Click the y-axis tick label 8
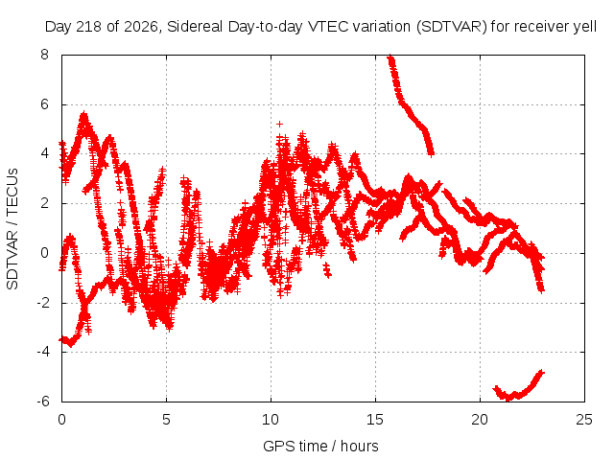coord(44,55)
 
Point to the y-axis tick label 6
coord(44,104)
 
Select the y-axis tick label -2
coord(42,303)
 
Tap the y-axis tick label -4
coord(42,352)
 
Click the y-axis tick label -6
coord(42,402)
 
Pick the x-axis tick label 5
coord(166,420)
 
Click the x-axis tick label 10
coord(271,420)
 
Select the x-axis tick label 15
coord(375,420)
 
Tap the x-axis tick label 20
coord(480,420)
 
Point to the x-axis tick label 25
coord(584,420)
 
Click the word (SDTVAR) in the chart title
coord(452,27)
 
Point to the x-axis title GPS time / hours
coord(320,446)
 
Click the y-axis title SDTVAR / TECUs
coord(12,229)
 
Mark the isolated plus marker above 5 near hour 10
coord(279,124)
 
